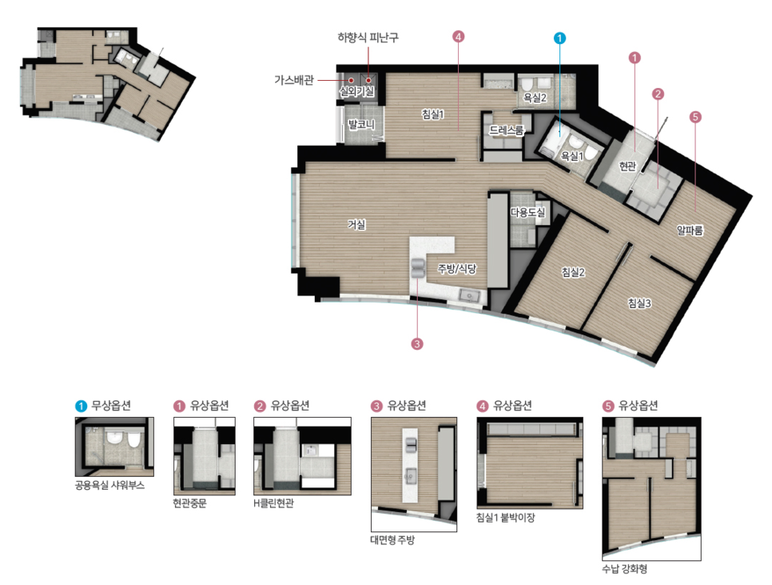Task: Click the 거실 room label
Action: coord(356,225)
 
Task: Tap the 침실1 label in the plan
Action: coord(433,114)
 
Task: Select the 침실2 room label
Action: coord(573,272)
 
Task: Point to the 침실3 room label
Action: coord(639,303)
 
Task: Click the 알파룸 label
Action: coord(690,230)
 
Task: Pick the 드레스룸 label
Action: coord(506,130)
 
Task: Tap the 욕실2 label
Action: coord(535,98)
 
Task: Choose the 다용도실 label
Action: coord(527,212)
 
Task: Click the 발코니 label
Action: coord(361,124)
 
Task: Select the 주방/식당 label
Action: coord(457,269)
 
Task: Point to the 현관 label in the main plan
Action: coord(627,166)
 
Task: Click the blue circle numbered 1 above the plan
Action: coord(559,38)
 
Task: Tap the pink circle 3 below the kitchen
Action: coord(416,343)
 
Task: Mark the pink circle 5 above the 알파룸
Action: coord(694,117)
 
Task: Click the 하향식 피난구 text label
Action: coord(368,38)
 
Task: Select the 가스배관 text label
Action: coord(294,80)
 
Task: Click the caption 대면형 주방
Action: coord(392,539)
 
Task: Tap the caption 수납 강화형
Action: coord(624,569)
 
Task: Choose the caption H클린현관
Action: coord(274,503)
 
